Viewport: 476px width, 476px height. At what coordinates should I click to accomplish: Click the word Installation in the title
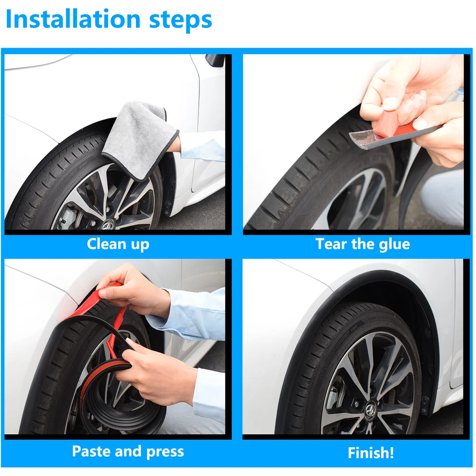click(73, 20)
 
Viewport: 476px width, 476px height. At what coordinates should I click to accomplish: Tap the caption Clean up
click(118, 244)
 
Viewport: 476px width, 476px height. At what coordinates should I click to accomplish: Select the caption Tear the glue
click(362, 244)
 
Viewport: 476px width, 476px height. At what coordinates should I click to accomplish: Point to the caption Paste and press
click(128, 451)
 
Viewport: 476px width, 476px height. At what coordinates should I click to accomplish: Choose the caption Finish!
click(370, 453)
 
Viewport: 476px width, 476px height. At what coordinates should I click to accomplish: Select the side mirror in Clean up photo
click(215, 61)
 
